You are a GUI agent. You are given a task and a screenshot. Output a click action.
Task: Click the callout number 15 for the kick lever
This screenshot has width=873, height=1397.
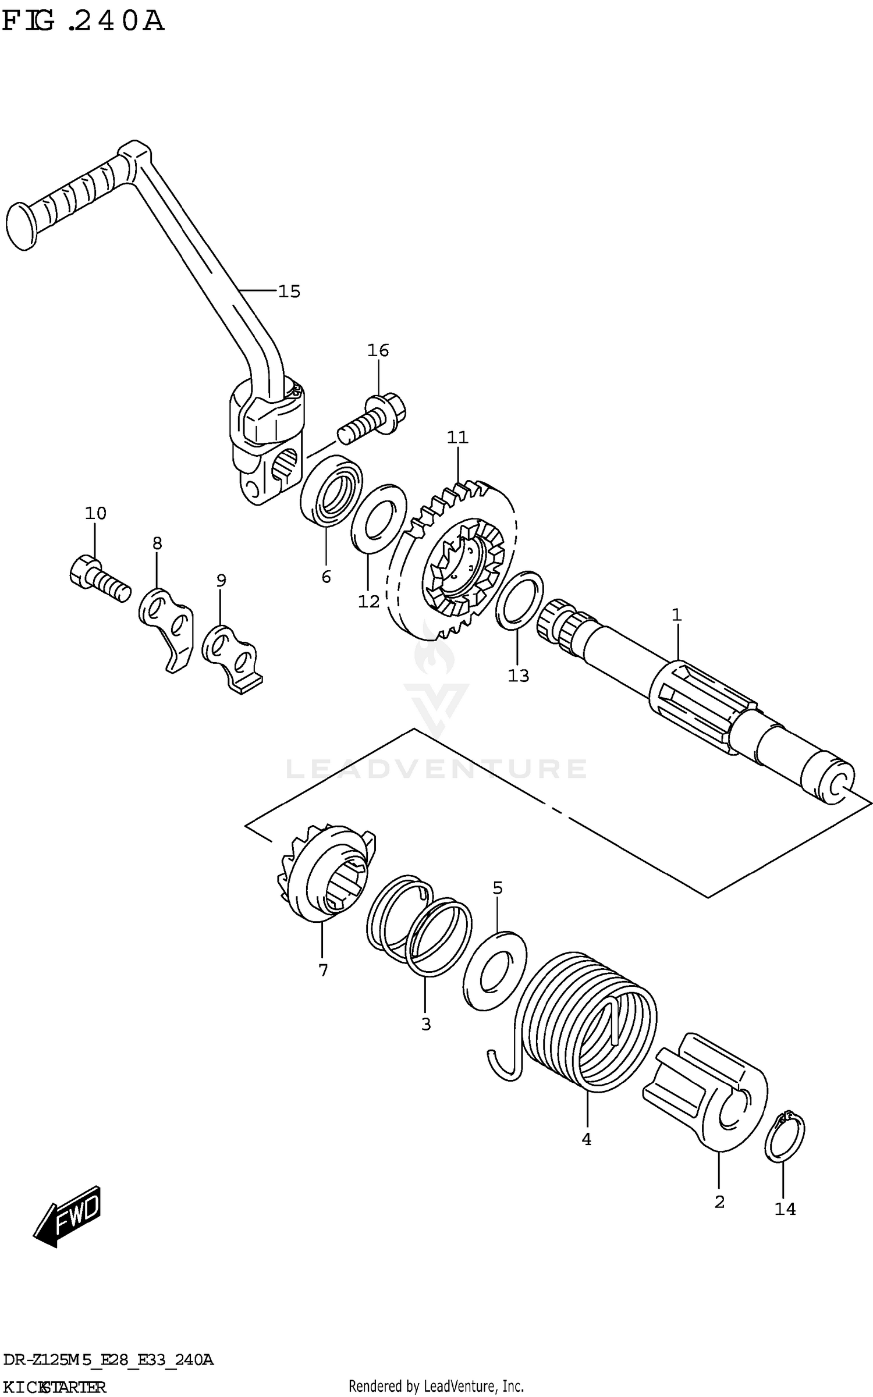(x=289, y=291)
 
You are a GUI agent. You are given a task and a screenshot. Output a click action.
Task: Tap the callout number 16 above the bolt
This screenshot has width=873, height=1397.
(x=378, y=350)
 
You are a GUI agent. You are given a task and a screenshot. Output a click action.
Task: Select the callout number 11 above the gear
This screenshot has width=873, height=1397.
(x=457, y=437)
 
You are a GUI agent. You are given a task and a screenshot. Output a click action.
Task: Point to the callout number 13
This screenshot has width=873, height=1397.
(x=518, y=676)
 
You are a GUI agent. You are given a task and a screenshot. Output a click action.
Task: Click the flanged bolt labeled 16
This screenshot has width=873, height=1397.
(x=372, y=418)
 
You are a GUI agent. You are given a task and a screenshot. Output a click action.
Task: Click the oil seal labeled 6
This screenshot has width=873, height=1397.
(x=331, y=490)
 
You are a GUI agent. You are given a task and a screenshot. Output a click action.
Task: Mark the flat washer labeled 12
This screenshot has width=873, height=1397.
(x=379, y=518)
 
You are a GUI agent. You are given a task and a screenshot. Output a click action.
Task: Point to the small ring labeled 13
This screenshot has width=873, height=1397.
(x=520, y=600)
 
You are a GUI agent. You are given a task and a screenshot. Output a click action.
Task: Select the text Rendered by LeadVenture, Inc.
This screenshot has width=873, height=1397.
(x=436, y=1385)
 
